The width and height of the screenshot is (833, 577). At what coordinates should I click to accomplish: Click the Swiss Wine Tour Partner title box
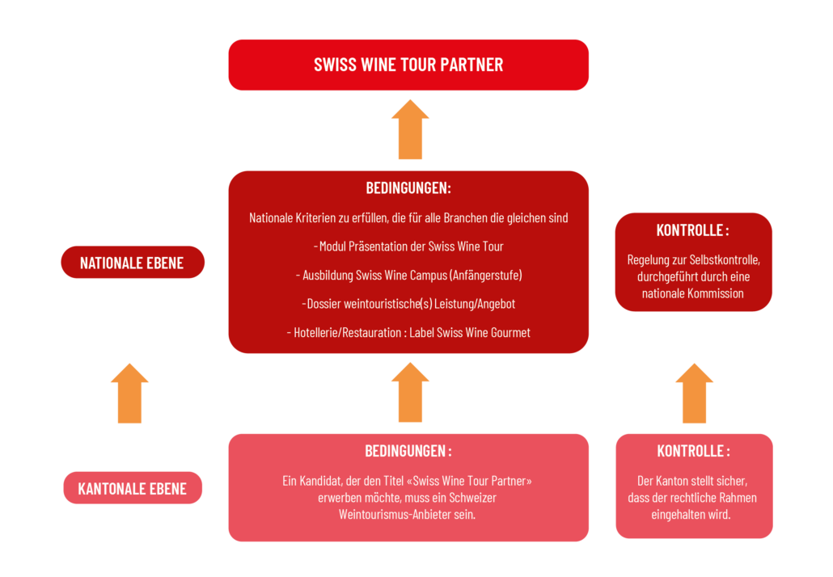[x=408, y=65]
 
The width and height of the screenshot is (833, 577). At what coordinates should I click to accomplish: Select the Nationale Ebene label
[x=132, y=263]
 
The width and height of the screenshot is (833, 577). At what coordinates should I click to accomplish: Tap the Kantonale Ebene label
[x=132, y=488]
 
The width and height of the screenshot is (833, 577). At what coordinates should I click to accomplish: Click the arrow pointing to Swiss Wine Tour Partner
[x=410, y=129]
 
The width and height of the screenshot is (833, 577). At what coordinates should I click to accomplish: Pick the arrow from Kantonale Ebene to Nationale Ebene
[x=129, y=394]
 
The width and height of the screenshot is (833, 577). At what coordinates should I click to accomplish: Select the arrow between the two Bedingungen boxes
[x=410, y=392]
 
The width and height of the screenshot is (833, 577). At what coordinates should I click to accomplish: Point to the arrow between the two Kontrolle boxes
[x=694, y=394]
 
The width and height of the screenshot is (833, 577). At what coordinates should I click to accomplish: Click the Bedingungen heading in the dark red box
[x=408, y=188]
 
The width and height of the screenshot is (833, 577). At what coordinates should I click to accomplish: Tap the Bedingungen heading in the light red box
[x=408, y=451]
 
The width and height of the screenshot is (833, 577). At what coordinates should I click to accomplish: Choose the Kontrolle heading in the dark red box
[x=693, y=230]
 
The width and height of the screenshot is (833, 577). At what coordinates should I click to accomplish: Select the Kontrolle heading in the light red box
[x=693, y=451]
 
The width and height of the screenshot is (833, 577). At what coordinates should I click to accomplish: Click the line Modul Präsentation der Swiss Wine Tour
[x=408, y=246]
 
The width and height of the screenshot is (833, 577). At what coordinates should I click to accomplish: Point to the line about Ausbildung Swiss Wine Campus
[x=408, y=275]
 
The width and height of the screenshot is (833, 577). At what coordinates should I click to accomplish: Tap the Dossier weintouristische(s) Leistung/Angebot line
[x=408, y=304]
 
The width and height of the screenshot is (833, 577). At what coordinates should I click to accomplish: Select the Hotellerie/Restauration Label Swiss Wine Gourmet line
[x=408, y=332]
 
